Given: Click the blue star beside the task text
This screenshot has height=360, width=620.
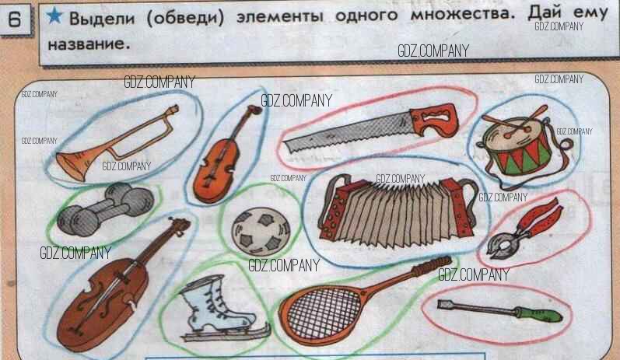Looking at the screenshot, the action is click(54, 16).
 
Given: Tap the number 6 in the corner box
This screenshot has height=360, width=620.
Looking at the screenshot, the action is click(15, 19).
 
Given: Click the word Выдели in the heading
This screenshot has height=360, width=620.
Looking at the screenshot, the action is click(102, 18).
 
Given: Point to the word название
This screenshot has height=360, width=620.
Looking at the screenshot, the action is click(89, 44).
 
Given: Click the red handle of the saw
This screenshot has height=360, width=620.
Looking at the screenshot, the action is click(434, 121).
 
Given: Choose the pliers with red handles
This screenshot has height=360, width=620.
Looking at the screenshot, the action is click(524, 229).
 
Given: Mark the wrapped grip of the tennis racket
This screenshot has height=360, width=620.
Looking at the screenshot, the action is click(432, 267).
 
